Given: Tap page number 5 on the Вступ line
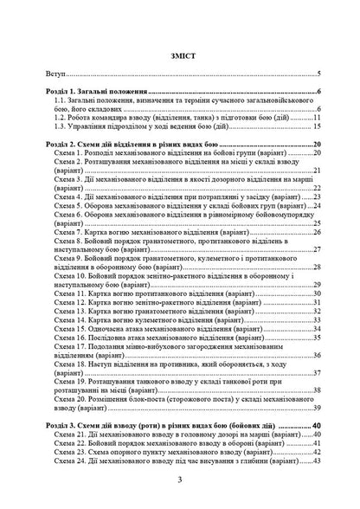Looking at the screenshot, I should click(319, 74).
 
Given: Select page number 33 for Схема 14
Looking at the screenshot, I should click(318, 324).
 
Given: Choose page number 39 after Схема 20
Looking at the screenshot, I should click(318, 414).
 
